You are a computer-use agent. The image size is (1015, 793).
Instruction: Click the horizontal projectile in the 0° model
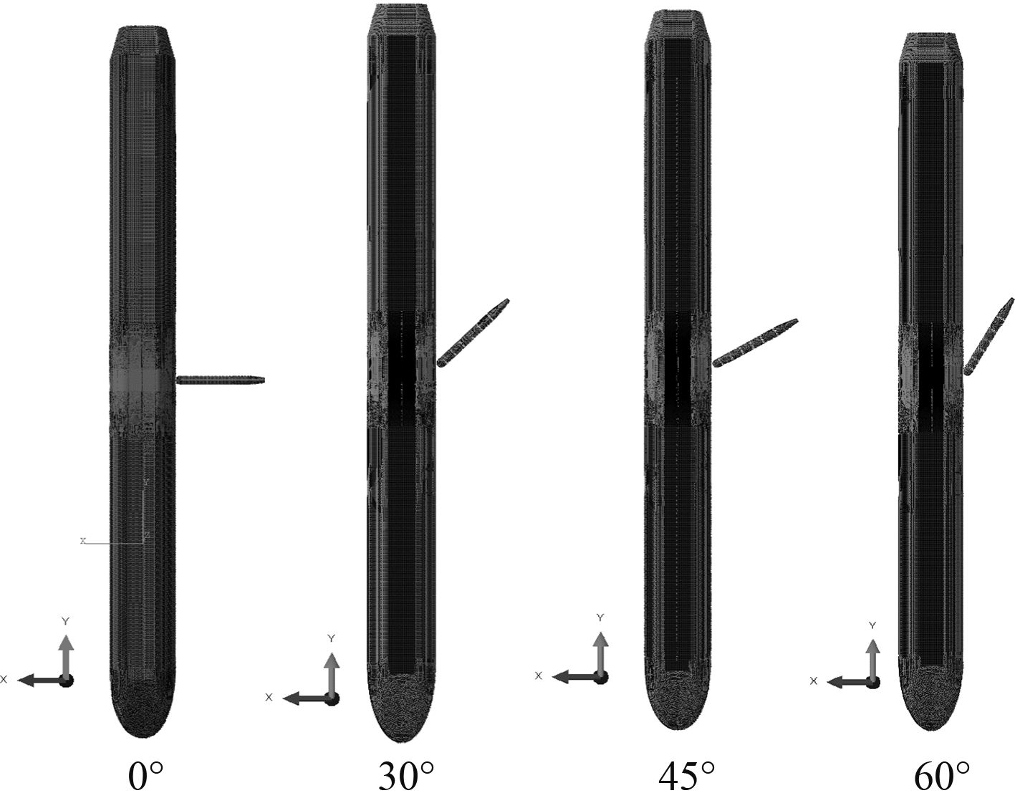[221, 380]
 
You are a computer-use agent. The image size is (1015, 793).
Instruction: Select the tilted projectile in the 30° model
[473, 332]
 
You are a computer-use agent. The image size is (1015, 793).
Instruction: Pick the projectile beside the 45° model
[755, 343]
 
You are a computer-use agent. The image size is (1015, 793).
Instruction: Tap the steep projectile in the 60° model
[988, 337]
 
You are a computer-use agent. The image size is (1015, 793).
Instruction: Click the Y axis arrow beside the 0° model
[67, 655]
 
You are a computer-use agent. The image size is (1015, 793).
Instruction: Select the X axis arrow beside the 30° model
[307, 699]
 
